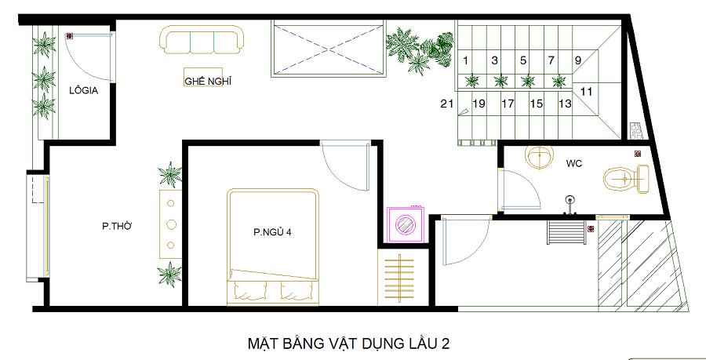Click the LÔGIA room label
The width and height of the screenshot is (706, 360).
[83, 91]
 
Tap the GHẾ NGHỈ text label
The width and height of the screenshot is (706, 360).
[208, 82]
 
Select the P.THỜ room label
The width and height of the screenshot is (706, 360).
[117, 227]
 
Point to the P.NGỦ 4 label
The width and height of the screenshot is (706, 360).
[272, 233]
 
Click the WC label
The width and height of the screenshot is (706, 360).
[574, 164]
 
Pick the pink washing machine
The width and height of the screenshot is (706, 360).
[406, 224]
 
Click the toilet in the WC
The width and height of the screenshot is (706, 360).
[626, 179]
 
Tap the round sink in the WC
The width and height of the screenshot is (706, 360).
[538, 157]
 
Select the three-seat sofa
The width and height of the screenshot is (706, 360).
[202, 39]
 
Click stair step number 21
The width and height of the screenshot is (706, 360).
[446, 104]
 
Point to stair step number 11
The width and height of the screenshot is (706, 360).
[586, 92]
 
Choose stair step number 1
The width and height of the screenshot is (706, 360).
[465, 60]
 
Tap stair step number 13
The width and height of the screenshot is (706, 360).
[565, 104]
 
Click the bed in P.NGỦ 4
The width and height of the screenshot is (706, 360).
[273, 247]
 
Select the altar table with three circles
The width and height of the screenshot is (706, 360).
[171, 224]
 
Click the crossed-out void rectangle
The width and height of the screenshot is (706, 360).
[329, 49]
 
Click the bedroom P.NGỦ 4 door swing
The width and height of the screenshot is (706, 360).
[346, 166]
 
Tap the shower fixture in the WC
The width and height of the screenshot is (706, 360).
[570, 205]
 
